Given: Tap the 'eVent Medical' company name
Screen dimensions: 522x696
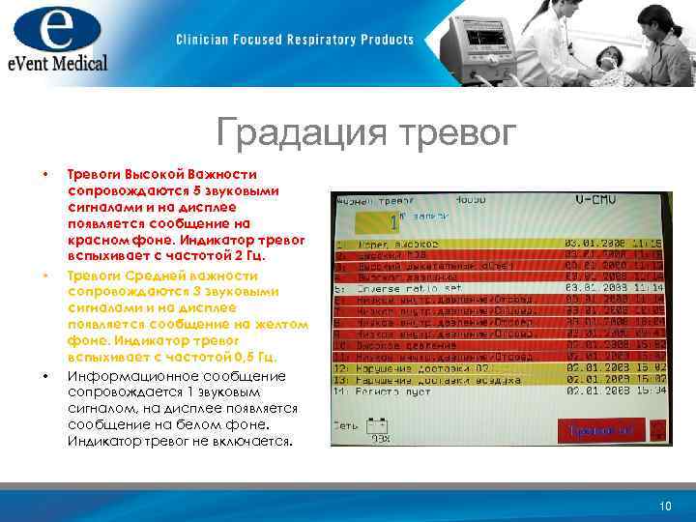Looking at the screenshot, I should [55, 63].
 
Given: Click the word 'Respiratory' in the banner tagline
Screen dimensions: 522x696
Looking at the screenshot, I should [324, 40].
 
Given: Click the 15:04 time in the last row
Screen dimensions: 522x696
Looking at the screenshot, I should [649, 391].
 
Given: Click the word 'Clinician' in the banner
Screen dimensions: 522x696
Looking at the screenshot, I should [204, 40].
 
